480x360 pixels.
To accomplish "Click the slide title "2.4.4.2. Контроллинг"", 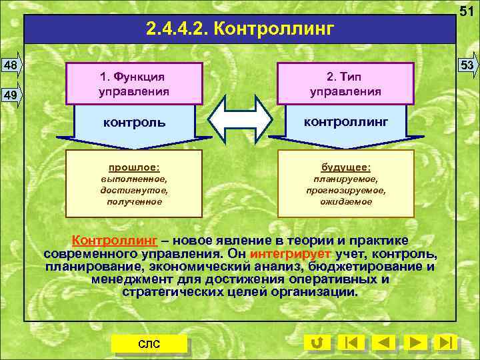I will [x=239, y=29].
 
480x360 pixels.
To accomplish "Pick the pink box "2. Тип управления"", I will [x=346, y=83].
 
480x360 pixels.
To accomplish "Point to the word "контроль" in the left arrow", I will [x=134, y=123].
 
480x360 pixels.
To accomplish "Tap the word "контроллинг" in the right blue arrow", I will [x=346, y=121].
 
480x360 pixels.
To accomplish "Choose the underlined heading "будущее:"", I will [x=346, y=167].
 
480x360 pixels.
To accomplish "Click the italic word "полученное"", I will [x=134, y=201].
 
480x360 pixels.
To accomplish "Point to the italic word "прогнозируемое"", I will [x=346, y=190].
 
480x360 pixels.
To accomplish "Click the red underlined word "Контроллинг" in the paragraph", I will [x=115, y=240].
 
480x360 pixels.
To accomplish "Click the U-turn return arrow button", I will [x=317, y=343].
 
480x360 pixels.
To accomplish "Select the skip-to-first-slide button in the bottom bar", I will [x=351, y=343].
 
